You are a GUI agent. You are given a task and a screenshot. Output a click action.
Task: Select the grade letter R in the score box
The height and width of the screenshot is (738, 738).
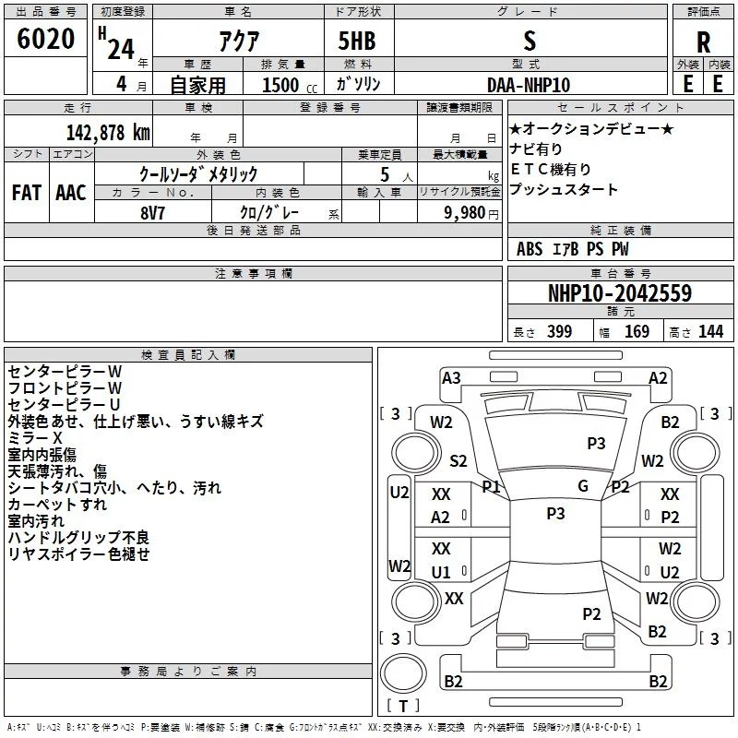click(703, 42)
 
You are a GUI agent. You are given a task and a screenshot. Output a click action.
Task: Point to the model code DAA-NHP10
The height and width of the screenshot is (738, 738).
click(529, 85)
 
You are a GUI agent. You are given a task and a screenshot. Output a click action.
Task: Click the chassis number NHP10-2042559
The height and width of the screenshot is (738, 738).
click(620, 293)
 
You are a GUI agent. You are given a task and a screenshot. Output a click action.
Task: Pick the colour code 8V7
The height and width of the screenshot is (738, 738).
click(153, 212)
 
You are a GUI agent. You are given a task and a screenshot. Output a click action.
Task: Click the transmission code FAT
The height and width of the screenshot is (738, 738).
click(26, 193)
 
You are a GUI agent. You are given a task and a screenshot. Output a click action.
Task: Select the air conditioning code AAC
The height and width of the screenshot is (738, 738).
click(70, 193)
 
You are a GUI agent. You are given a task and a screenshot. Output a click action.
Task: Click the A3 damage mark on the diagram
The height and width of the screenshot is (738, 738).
click(451, 377)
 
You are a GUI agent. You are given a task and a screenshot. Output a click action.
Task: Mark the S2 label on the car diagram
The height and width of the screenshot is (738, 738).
click(458, 460)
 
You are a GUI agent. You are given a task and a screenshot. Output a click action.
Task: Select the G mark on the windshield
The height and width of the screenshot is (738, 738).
click(583, 485)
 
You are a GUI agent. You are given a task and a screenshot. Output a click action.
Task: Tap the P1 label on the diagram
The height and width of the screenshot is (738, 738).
click(491, 486)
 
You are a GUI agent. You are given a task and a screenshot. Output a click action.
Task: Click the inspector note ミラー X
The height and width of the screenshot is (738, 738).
click(35, 437)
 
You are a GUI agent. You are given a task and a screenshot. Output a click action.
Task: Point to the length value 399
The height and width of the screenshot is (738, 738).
click(559, 332)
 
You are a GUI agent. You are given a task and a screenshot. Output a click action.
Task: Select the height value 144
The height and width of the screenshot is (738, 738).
click(710, 332)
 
